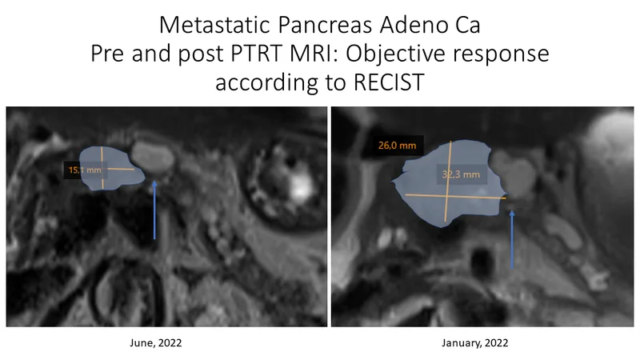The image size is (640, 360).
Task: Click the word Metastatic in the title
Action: pos(215,25)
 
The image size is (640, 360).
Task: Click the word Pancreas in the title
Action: pos(326,25)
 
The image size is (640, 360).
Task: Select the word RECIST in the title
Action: pos(389,82)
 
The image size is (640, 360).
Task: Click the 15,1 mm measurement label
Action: pos(85,170)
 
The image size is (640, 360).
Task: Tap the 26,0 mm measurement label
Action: pos(397,146)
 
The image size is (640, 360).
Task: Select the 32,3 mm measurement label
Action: pos(462,174)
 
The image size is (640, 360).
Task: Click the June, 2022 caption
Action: pos(155,343)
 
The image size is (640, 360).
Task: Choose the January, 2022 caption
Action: pos(475,343)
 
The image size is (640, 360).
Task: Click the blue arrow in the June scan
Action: pos(154,210)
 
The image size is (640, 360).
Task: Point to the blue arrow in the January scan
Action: pos(512,239)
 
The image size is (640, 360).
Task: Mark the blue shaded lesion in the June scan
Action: pos(110,168)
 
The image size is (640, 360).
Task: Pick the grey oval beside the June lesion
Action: pos(153,157)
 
